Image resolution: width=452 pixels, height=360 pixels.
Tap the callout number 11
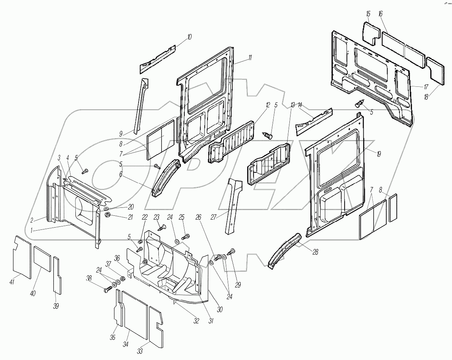click(x=250, y=58)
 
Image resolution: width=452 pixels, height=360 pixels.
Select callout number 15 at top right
click(x=368, y=14)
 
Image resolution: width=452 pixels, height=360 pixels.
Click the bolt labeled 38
click(x=107, y=290)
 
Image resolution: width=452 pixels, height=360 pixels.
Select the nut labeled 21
click(x=108, y=216)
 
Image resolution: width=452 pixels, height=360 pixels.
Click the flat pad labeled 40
click(x=42, y=258)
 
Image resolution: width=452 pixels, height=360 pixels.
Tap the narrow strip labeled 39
click(x=57, y=275)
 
